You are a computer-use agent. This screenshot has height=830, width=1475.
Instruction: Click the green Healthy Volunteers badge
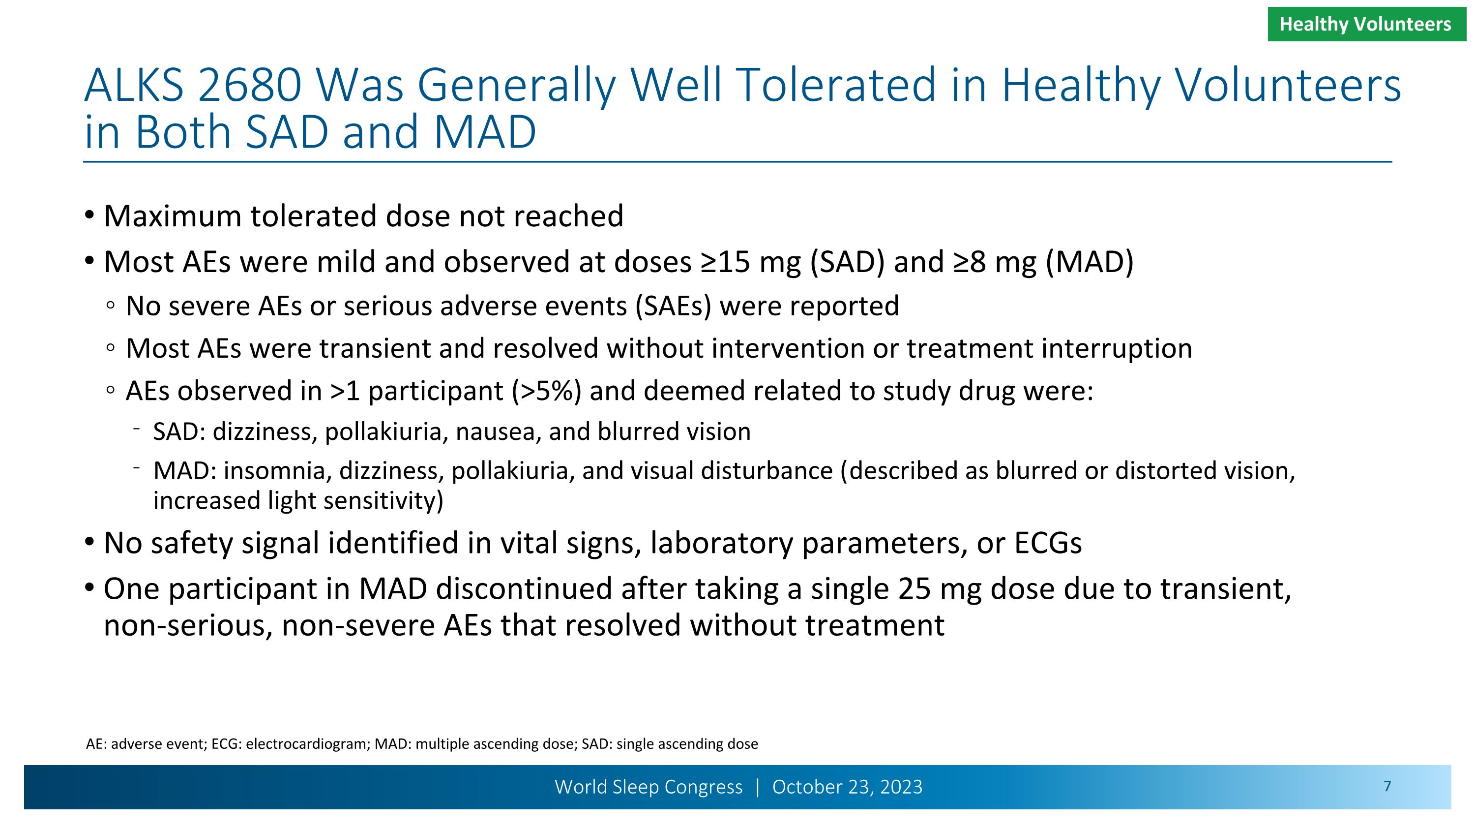pyautogui.click(x=1366, y=24)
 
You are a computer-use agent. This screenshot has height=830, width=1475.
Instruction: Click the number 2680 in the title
pyautogui.click(x=249, y=85)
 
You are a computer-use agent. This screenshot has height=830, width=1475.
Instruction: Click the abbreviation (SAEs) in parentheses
pyautogui.click(x=674, y=306)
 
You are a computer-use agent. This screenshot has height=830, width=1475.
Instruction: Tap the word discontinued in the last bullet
pyautogui.click(x=524, y=589)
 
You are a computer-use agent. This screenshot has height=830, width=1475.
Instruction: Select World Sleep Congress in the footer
pyautogui.click(x=648, y=787)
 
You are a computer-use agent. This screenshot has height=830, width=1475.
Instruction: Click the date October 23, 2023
pyautogui.click(x=847, y=787)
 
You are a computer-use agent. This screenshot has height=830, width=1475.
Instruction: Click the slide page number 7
pyautogui.click(x=1387, y=787)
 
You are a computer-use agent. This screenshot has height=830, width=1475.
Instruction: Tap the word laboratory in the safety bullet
pyautogui.click(x=721, y=543)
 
